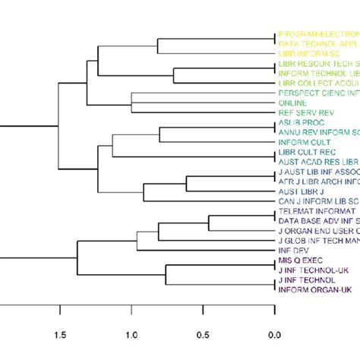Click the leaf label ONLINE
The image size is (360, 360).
[x=293, y=103]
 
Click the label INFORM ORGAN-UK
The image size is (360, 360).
[x=316, y=289]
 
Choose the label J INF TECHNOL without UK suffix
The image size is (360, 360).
[x=308, y=279]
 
